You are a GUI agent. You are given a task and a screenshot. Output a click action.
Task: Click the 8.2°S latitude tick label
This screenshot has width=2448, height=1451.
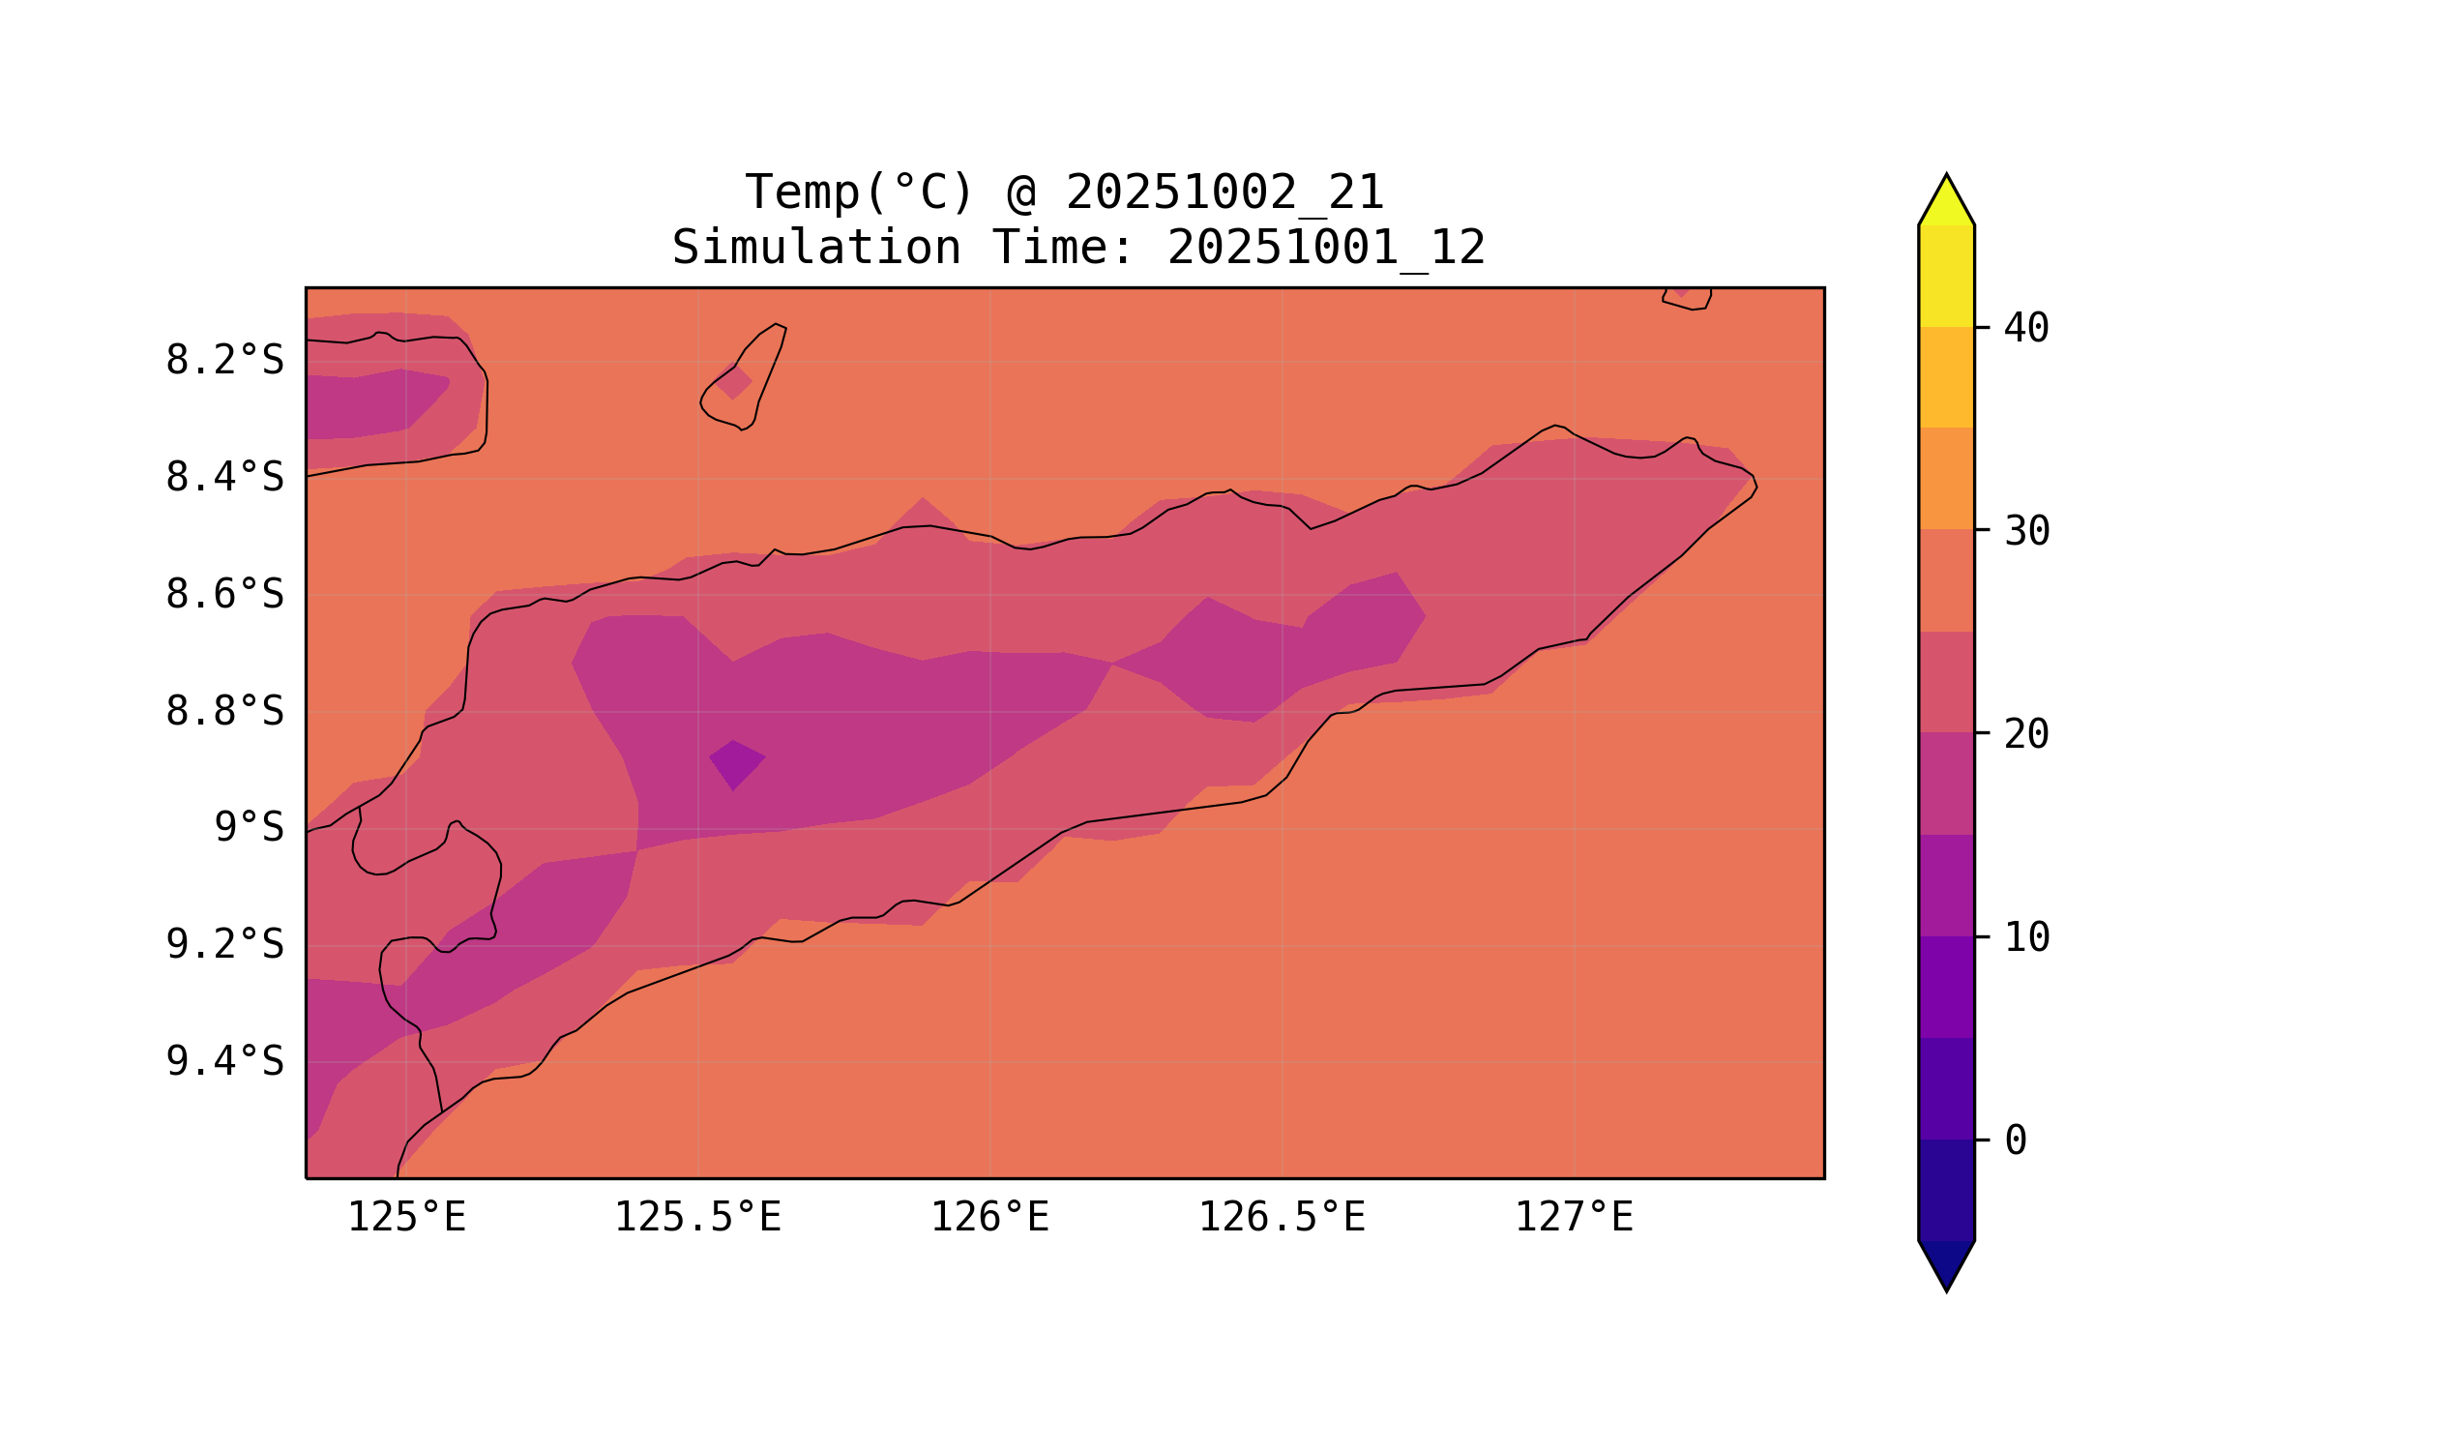point(223,362)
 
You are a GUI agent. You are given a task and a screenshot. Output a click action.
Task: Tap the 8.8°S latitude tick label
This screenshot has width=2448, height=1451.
point(223,713)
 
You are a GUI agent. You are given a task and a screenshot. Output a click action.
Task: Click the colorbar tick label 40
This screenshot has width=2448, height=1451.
point(2026,330)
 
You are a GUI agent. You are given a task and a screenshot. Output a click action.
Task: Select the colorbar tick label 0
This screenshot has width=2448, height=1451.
point(2016,1141)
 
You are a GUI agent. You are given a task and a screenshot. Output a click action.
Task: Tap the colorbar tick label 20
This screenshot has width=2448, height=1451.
point(2026,735)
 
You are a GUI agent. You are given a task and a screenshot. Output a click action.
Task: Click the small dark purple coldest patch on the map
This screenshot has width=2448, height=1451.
point(736,763)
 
